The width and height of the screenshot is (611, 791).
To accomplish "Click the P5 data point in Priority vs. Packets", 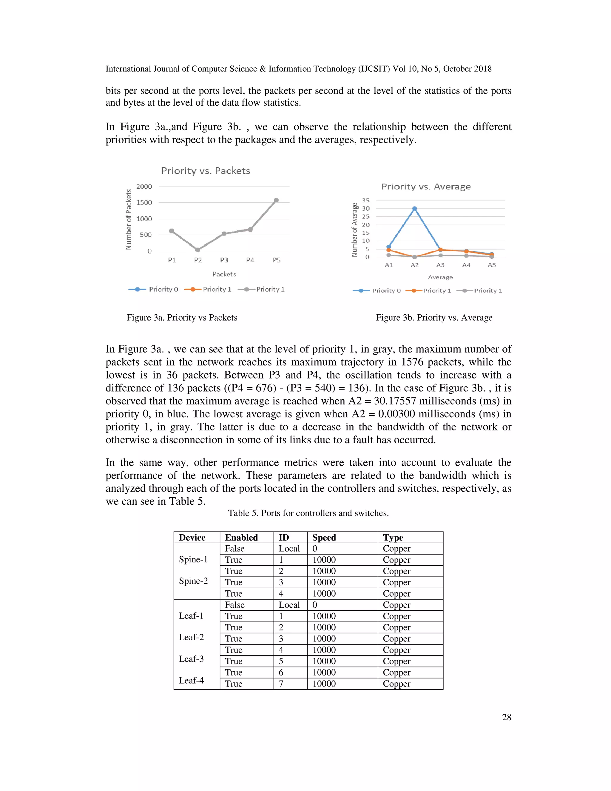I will pos(276,200).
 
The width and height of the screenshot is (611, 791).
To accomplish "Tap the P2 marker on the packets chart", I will pos(198,250).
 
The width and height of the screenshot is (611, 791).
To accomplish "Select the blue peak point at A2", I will pos(414,209).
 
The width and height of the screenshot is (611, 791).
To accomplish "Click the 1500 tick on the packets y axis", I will pos(144,203).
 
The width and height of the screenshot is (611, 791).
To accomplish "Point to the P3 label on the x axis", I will pos(224,260).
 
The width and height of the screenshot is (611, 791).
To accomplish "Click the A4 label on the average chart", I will pos(466,265).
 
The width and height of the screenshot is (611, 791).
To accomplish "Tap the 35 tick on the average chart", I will pos(366,200).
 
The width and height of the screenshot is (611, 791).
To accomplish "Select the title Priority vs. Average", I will pos(426,187).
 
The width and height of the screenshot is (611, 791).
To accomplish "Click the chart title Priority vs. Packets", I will pos(206,171).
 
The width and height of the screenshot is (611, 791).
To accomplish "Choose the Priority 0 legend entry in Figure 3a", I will pos(153,289).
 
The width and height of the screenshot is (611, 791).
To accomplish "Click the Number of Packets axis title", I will pos(129,219).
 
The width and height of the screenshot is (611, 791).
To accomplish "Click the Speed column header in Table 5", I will pos(324,538).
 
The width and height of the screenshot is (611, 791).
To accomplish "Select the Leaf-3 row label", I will pos(191,659).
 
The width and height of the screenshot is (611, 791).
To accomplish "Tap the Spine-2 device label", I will pos(193,581).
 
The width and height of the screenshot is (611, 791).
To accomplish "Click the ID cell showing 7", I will pos(281,684).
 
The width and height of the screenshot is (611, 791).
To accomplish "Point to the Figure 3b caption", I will pos(434,318).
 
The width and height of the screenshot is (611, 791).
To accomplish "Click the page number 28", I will pos(506,717).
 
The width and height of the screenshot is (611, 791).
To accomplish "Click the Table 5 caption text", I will pos(308,513).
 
